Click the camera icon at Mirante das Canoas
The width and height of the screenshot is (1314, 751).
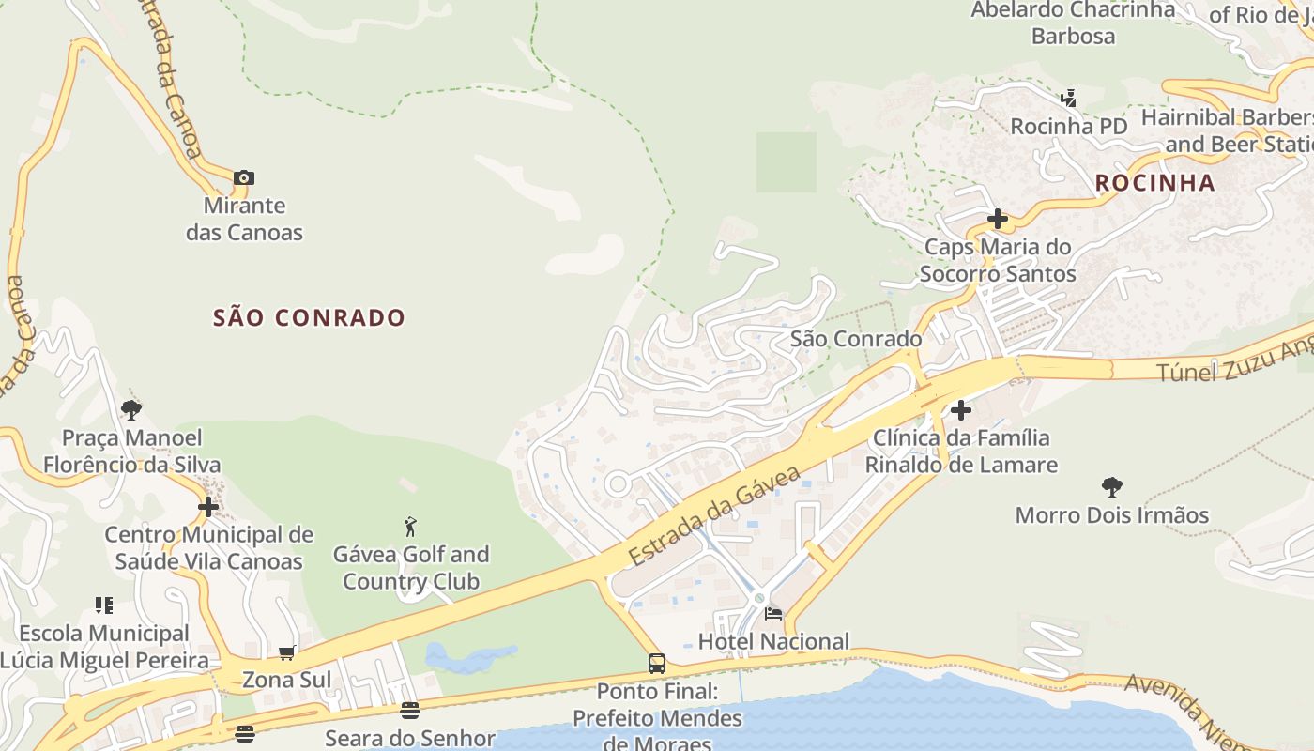pyautogui.click(x=244, y=177)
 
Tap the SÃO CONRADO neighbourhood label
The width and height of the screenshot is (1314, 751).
pyautogui.click(x=309, y=317)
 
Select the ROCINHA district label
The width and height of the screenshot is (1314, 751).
pyautogui.click(x=1154, y=183)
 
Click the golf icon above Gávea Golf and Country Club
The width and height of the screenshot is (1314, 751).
pyautogui.click(x=410, y=527)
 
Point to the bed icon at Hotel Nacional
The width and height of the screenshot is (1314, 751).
pyautogui.click(x=773, y=614)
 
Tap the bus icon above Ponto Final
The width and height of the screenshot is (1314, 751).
pyautogui.click(x=657, y=664)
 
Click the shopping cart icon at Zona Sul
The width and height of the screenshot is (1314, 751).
pyautogui.click(x=286, y=652)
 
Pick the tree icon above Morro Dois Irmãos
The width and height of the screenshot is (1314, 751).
pyautogui.click(x=1112, y=487)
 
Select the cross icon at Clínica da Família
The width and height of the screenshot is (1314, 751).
pyautogui.click(x=961, y=410)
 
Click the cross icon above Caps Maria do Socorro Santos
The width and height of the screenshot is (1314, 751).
pyautogui.click(x=998, y=220)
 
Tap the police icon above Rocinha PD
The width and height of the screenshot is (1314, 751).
pyautogui.click(x=1068, y=98)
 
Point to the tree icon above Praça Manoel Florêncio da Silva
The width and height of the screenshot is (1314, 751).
pyautogui.click(x=131, y=409)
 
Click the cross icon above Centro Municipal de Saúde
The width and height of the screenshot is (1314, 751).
pyautogui.click(x=208, y=508)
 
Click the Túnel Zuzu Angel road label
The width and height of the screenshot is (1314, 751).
pyautogui.click(x=1234, y=361)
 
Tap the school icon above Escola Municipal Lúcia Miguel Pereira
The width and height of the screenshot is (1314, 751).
pyautogui.click(x=103, y=605)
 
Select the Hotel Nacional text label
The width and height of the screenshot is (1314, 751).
pyautogui.click(x=773, y=642)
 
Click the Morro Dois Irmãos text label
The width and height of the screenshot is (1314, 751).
pyautogui.click(x=1112, y=515)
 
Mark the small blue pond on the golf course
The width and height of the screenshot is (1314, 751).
pyautogui.click(x=469, y=656)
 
